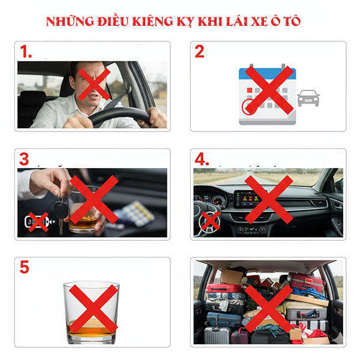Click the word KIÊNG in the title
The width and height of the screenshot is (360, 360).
point(154,23)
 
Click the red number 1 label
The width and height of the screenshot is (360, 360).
point(26,52)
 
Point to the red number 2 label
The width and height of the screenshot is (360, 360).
point(199,52)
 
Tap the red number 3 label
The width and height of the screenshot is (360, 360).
point(24,160)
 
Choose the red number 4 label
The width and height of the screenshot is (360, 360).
point(202,160)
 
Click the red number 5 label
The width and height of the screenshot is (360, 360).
point(24,268)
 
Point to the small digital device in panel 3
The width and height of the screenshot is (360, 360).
point(37,221)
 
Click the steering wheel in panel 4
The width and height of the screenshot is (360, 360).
point(208,216)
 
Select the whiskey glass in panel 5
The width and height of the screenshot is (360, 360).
point(91,312)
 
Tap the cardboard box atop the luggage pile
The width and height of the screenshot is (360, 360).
point(232,277)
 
